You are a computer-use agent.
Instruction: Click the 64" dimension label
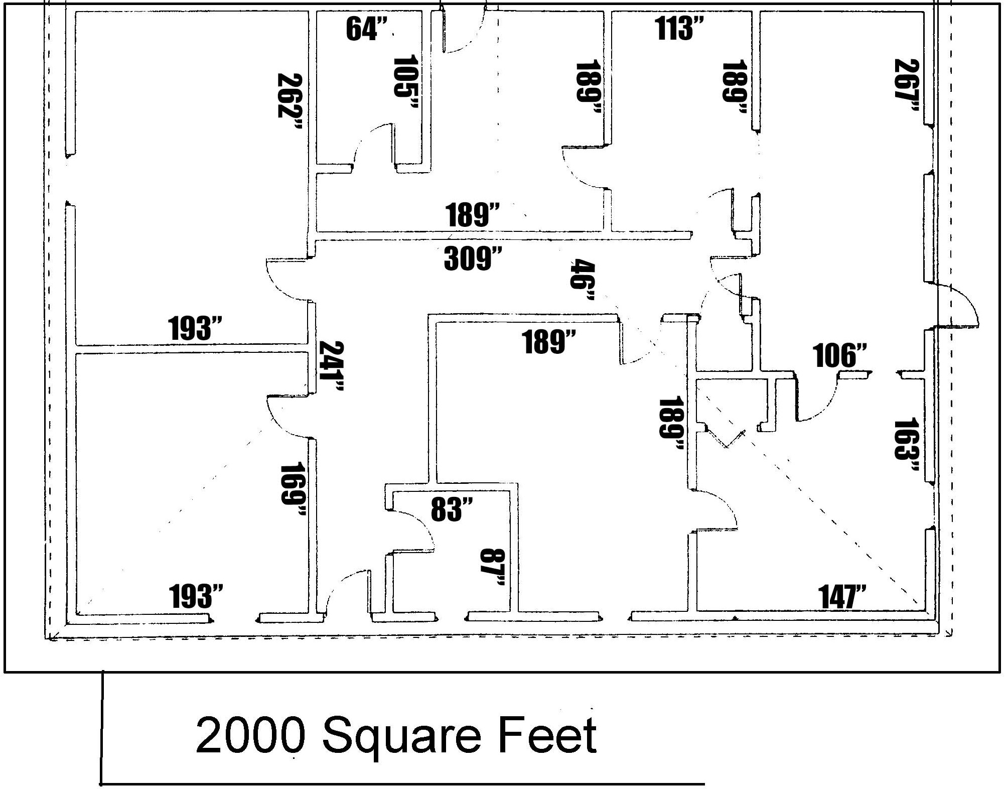[367, 29]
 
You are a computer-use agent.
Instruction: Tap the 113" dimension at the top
[680, 29]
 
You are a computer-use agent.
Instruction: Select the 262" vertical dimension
[290, 102]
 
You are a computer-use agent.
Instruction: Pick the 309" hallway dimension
[473, 259]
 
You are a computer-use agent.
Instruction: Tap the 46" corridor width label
[582, 280]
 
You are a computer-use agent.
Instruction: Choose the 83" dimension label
[452, 509]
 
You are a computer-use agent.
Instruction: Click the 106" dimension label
[839, 355]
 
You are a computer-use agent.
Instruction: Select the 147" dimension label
[842, 597]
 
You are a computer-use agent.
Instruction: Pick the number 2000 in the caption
[250, 735]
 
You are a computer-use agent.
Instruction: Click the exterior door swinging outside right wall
[958, 306]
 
